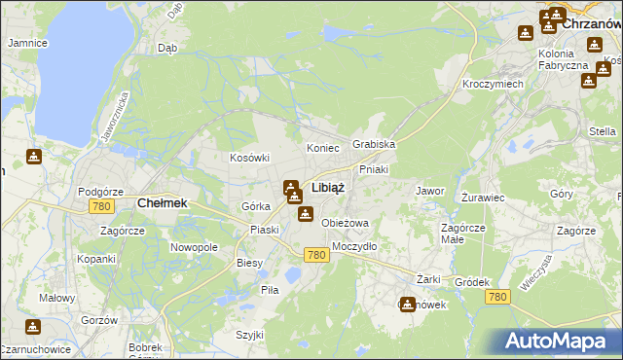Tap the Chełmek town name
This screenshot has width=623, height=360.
[162, 203]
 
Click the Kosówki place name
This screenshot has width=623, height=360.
[248, 158]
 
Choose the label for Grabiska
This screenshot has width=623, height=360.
[374, 144]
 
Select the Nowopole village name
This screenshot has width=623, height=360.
[194, 247]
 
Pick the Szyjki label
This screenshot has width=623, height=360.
[249, 335]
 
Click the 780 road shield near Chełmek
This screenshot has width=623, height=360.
[99, 207]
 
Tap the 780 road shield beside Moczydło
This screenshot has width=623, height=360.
[314, 255]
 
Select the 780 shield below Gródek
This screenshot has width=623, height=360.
[498, 297]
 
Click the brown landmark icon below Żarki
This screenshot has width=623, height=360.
[407, 304]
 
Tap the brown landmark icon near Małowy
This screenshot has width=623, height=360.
[33, 326]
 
